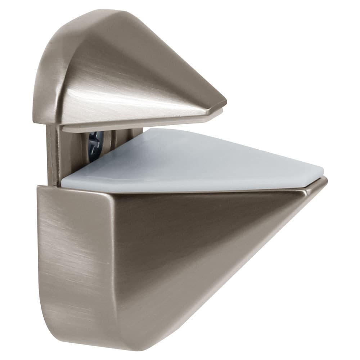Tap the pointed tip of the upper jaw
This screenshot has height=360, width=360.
point(225,103)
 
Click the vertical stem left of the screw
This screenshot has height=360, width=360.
point(54,155)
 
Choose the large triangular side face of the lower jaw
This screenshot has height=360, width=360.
point(187,245)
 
